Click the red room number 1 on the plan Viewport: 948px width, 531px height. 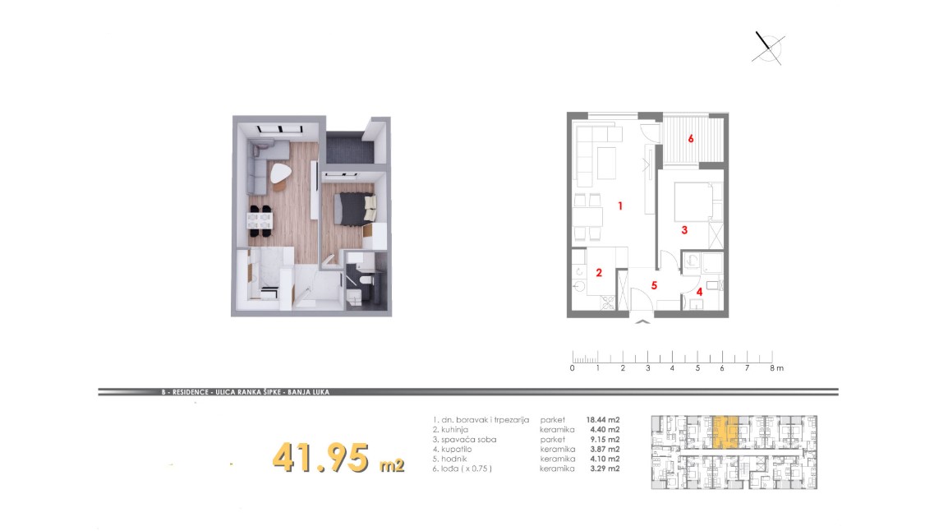click(619, 206)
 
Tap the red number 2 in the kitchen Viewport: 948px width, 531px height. click(599, 273)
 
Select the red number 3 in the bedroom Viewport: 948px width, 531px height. click(684, 230)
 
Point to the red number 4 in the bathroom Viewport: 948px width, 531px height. click(700, 292)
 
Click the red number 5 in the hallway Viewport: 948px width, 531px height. click(654, 285)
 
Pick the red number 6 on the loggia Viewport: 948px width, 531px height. click(690, 138)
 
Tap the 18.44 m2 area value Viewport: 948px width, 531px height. click(603, 420)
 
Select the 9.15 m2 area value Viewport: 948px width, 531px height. click(605, 440)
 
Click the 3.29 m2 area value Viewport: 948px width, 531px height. click(605, 469)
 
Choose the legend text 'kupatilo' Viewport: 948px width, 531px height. click(457, 450)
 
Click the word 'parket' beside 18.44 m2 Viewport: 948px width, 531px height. click(553, 420)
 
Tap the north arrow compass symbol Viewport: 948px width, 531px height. click(768, 48)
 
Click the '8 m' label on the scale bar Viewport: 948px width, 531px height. click(776, 367)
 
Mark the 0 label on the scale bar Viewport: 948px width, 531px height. click(573, 367)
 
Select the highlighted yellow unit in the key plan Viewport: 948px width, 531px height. click(725, 432)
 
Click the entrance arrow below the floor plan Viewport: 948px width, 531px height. click(642, 321)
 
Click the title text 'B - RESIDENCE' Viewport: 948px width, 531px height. click(185, 392)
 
